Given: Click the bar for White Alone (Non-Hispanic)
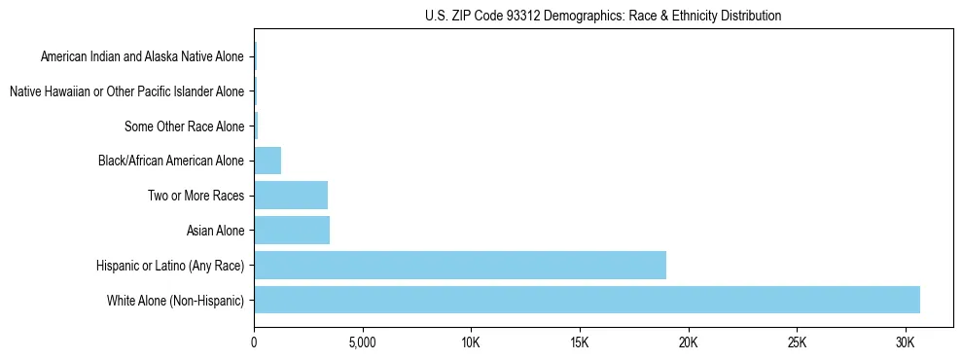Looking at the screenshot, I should tap(587, 300).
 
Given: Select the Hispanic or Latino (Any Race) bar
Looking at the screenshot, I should tap(460, 265).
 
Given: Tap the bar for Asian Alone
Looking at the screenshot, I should tap(292, 231).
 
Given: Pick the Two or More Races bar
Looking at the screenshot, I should tap(291, 196).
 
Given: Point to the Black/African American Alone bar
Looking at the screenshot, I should tap(267, 161).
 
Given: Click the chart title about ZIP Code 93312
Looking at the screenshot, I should tap(603, 16).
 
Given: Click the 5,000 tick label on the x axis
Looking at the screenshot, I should tap(362, 343).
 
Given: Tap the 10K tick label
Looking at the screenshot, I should tap(471, 343).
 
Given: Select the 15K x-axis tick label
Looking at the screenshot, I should tap(580, 343).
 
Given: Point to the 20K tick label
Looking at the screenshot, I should tap(689, 343).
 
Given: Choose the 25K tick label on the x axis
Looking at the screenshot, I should tap(797, 343).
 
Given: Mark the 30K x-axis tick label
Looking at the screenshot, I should tap(906, 343).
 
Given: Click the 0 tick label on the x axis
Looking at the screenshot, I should tap(254, 343).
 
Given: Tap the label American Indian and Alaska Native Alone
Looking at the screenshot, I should tap(142, 57).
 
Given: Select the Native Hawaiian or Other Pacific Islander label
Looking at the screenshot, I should tap(126, 91).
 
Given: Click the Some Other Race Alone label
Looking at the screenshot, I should tap(185, 126).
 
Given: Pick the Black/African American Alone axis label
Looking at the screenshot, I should tap(171, 161).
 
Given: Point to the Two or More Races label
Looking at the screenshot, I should tap(196, 196).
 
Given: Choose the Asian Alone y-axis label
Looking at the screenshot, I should tap(216, 231).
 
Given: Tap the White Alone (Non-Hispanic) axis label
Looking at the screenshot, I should tap(176, 300).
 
